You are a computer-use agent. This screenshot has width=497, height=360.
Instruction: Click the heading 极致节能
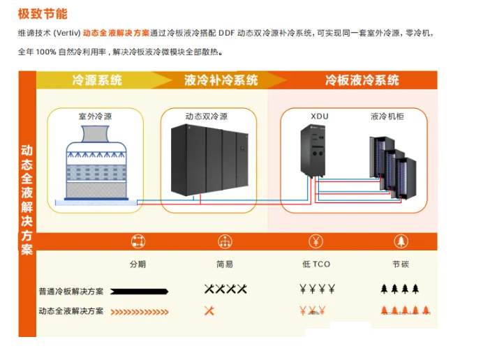tap(43, 13)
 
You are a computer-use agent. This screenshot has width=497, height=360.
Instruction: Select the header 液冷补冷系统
tap(221, 80)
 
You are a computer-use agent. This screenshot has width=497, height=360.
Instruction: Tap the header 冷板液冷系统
tap(362, 80)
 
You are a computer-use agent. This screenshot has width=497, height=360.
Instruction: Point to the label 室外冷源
tap(95, 117)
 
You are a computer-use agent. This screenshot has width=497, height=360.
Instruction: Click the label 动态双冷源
tap(207, 117)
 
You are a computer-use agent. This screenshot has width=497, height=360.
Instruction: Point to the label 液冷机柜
tap(387, 117)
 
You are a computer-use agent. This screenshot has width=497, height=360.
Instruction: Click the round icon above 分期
tap(138, 241)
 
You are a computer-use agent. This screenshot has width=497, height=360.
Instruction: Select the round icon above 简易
tap(225, 241)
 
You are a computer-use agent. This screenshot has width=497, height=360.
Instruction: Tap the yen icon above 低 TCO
tap(316, 241)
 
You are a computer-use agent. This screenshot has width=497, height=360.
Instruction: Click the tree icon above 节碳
tap(401, 241)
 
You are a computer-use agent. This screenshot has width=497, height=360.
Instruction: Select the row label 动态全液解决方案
tap(71, 310)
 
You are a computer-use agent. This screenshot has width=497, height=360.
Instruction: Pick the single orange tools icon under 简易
tap(209, 310)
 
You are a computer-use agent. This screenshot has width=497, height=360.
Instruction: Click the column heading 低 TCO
tap(316, 264)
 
